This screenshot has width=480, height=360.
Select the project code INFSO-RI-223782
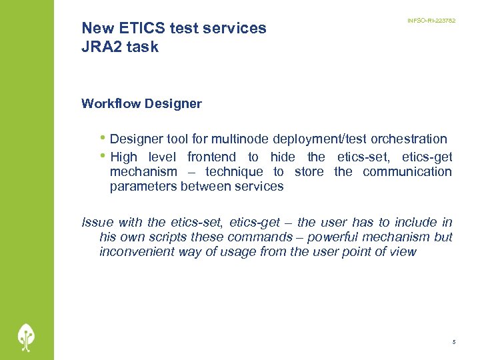[431, 21]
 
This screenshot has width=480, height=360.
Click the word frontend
[211, 157]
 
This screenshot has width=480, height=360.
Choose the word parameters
[143, 186]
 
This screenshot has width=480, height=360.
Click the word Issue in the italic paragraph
[97, 222]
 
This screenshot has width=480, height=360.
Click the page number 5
[453, 342]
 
